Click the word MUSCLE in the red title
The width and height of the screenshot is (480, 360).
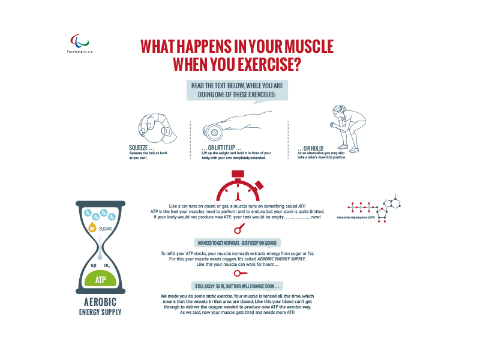[304, 47]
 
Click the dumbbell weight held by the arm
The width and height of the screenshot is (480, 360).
[213, 131]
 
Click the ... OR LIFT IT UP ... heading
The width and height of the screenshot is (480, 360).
[221, 148]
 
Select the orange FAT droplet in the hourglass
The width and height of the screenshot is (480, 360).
[92, 227]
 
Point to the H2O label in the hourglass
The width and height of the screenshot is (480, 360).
[93, 265]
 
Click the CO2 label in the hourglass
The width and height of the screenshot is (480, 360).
[107, 265]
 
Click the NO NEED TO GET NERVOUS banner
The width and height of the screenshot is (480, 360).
[237, 242]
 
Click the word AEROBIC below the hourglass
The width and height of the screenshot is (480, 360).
[100, 302]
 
